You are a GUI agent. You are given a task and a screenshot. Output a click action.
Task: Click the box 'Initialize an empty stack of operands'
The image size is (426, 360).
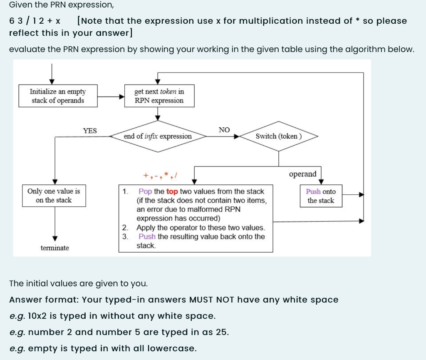[x=58, y=96]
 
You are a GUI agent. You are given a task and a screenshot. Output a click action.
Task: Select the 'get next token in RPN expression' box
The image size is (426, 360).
[x=159, y=96]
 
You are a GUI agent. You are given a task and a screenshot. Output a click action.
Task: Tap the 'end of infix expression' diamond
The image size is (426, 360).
[x=158, y=136]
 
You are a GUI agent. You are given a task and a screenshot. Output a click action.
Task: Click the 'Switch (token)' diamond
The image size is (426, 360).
[x=278, y=136]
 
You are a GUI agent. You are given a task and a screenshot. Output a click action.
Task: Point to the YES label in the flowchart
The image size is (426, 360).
[x=90, y=131]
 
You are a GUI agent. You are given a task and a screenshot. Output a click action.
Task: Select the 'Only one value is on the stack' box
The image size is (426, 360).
[x=54, y=196]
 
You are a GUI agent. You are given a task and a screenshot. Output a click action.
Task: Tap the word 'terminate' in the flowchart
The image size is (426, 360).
[x=55, y=248]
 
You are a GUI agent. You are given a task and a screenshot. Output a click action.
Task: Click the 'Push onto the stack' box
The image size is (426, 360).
[x=321, y=196]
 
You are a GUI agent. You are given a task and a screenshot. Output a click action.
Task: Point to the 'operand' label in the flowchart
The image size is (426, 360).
[x=302, y=174]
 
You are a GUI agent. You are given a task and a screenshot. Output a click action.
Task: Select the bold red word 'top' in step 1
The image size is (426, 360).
[x=172, y=191]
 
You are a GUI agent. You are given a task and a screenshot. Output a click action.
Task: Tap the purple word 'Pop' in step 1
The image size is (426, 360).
[x=145, y=191]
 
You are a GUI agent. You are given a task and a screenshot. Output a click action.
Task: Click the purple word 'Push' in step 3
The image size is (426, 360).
[x=147, y=236]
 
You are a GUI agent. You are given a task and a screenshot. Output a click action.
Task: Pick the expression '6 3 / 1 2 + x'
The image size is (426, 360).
[x=35, y=21]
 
